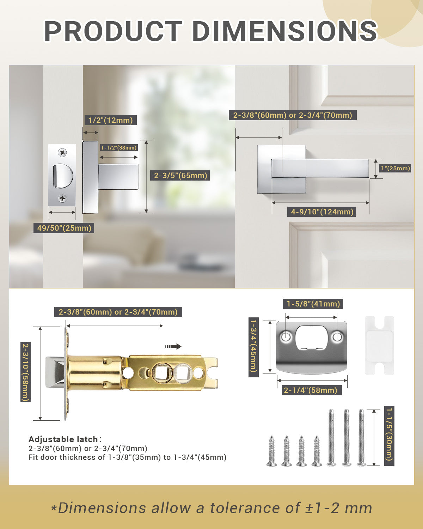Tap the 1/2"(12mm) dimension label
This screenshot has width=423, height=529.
click(x=110, y=120)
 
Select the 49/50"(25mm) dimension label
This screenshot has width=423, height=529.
click(x=64, y=228)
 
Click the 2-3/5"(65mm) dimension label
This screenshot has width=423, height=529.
click(x=180, y=175)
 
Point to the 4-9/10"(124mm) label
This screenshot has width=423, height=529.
click(x=322, y=212)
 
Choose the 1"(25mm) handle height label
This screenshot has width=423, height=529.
click(x=396, y=168)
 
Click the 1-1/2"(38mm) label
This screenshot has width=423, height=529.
click(x=119, y=148)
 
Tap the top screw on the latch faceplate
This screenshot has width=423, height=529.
click(x=62, y=153)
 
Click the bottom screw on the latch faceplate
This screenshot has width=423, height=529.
click(x=62, y=198)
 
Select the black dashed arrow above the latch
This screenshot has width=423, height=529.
click(x=173, y=346)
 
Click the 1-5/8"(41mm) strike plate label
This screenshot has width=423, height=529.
click(x=313, y=304)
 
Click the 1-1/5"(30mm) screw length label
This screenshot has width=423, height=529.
click(x=389, y=436)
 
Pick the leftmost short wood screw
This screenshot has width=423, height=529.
click(x=272, y=451)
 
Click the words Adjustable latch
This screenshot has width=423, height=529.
click(x=63, y=439)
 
